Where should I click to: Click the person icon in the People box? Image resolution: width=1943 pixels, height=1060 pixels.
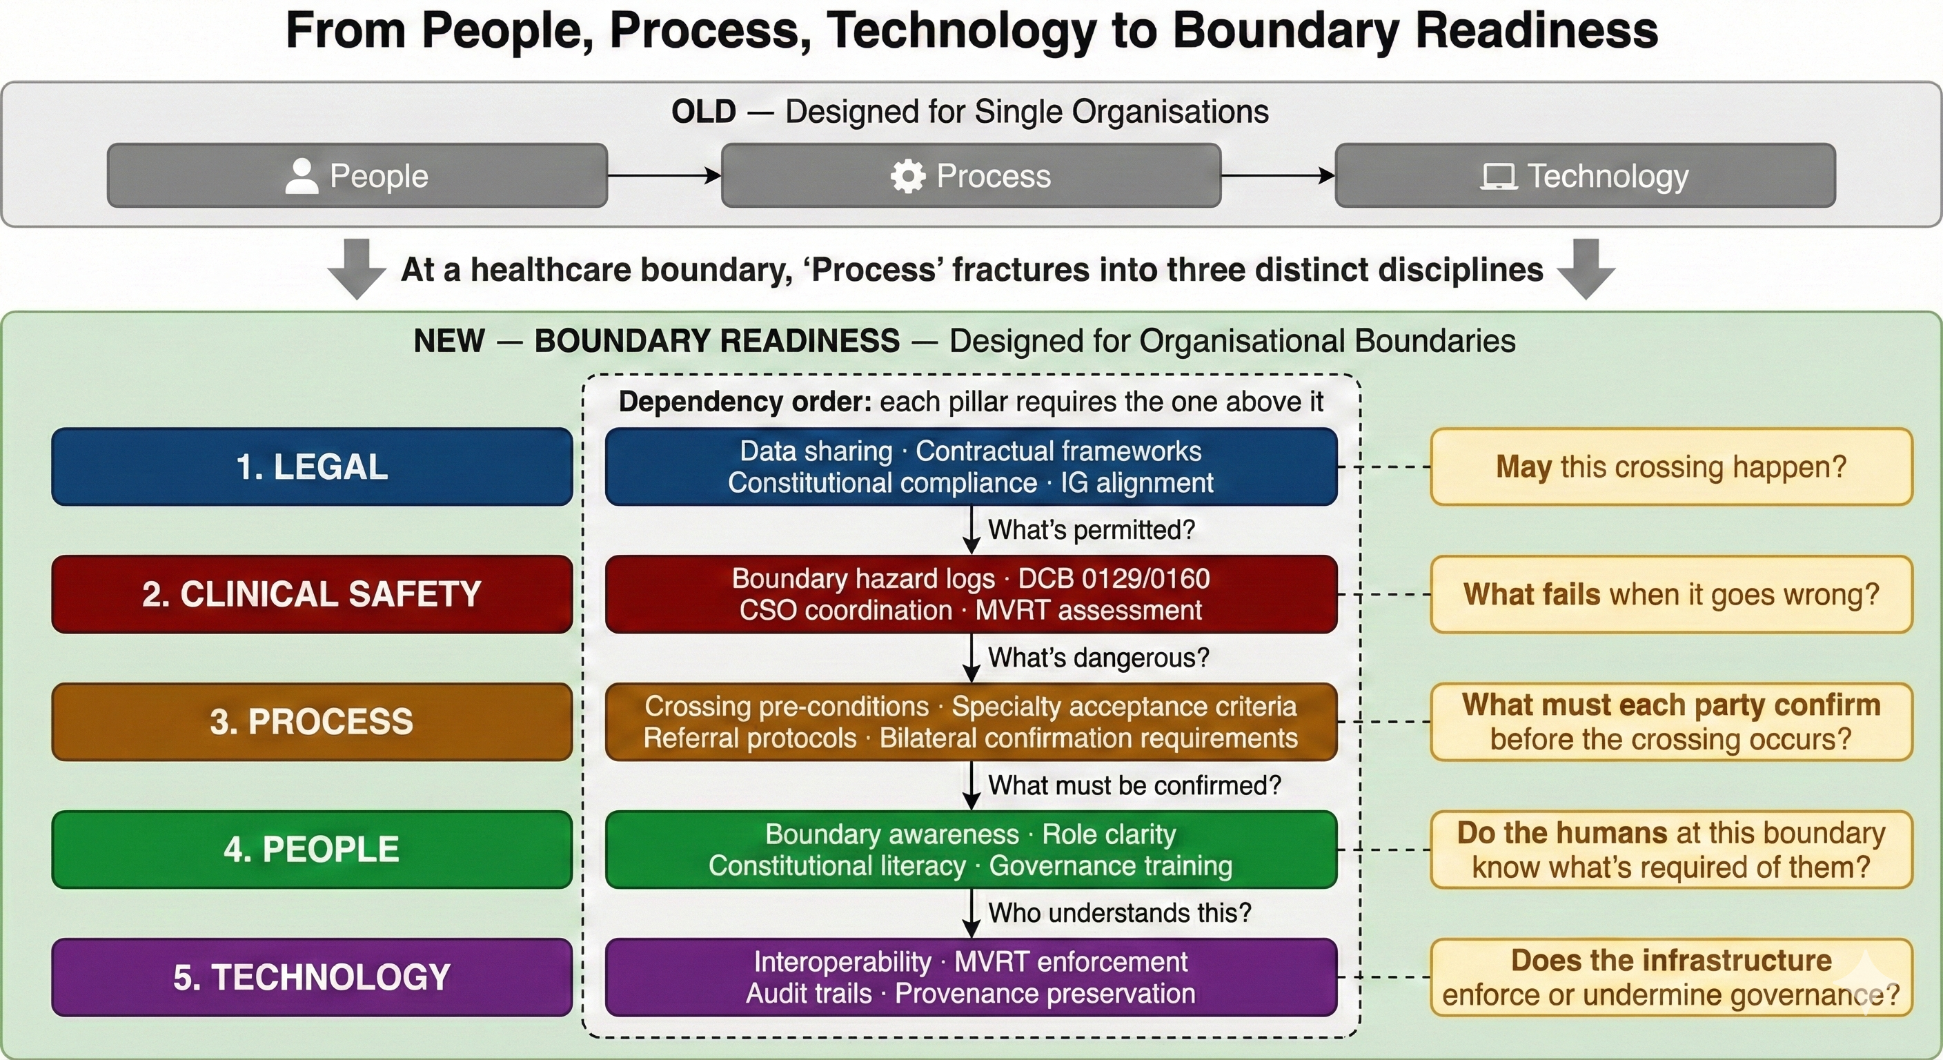coord(302,176)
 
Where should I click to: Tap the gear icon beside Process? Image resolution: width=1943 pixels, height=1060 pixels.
coord(907,176)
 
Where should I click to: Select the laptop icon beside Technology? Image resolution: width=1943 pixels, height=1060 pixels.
coord(1498,177)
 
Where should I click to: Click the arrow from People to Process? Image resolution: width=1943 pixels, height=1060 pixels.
coord(664,176)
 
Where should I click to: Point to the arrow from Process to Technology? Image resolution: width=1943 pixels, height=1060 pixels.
coord(1278,176)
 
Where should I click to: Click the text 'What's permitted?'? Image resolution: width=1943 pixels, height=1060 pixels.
coord(1092,529)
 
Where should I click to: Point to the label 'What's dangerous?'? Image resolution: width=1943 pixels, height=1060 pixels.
coord(1098,658)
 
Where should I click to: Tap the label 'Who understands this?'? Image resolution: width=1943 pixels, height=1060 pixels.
coord(1119,913)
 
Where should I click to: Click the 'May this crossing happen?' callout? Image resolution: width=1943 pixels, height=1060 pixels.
coord(1670,467)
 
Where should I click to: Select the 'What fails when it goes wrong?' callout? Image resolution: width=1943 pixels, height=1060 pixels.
coord(1670,593)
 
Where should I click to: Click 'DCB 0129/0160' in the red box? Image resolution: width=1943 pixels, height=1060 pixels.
coord(1114,579)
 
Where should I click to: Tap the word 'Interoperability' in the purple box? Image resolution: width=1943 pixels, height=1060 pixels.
coord(842,962)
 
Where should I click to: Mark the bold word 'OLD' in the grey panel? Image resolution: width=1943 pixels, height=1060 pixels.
coord(703,112)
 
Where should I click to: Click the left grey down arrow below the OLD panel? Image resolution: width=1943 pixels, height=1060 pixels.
coord(357,268)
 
